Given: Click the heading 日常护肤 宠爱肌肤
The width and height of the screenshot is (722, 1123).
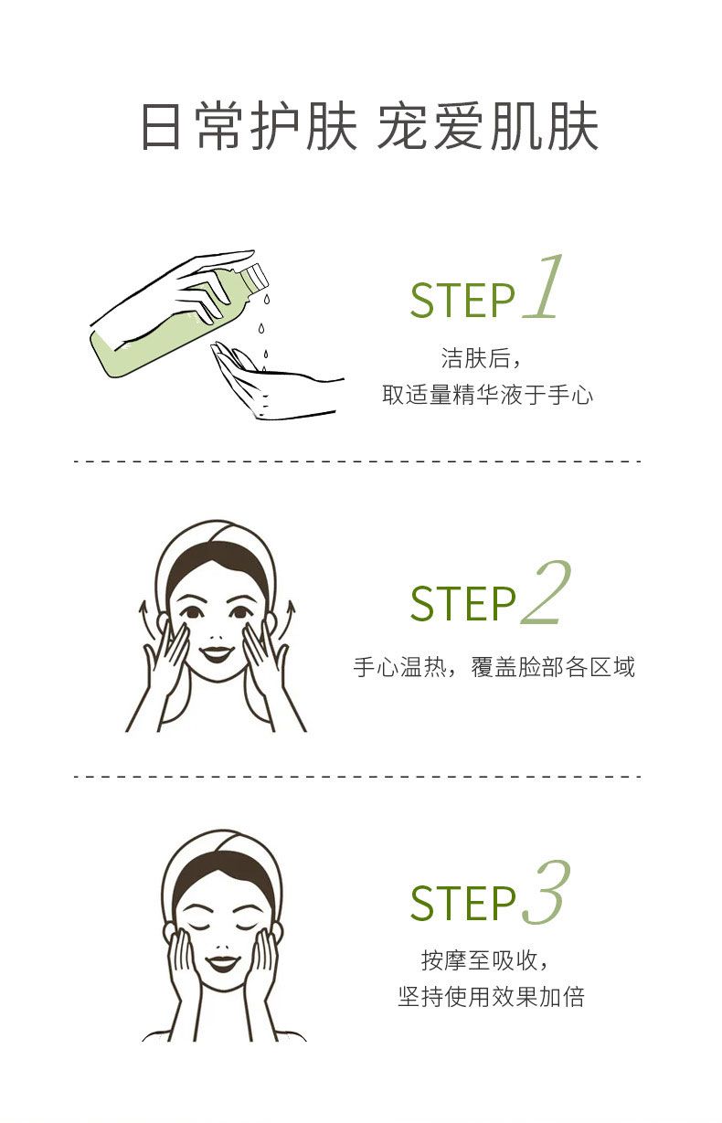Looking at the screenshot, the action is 370,126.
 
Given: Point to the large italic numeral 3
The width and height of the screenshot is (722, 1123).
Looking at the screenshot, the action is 547,893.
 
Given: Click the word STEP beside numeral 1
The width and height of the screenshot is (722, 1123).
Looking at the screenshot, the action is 462,301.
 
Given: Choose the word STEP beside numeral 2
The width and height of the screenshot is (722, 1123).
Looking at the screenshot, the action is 462,604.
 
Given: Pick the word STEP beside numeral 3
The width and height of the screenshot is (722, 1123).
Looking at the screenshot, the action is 462,904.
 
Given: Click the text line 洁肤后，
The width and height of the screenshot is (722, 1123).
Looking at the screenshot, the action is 482,358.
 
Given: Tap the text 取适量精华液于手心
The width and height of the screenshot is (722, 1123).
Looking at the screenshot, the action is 487,395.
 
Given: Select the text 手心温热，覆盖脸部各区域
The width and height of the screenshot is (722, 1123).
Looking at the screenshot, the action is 494,667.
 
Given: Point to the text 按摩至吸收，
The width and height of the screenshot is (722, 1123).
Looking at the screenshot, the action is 485,960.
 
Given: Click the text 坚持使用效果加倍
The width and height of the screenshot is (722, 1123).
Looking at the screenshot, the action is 492,996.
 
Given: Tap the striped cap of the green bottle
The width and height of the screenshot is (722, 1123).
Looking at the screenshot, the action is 254,277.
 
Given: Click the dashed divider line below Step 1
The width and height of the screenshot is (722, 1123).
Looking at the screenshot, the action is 357,461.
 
